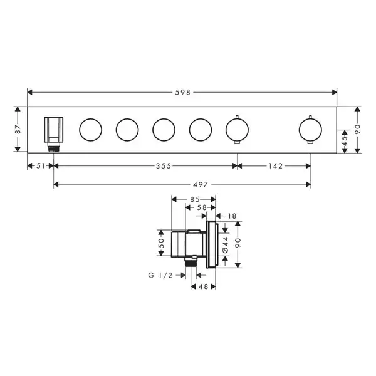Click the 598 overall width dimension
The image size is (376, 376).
pyautogui.click(x=183, y=92)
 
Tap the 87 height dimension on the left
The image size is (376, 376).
pyautogui.click(x=18, y=129)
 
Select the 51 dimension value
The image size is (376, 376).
pyautogui.click(x=41, y=165)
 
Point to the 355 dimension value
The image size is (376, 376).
pyautogui.click(x=164, y=166)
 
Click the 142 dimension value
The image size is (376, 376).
pyautogui.click(x=275, y=166)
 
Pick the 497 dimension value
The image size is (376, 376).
pyautogui.click(x=201, y=184)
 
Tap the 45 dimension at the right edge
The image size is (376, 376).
pyautogui.click(x=345, y=141)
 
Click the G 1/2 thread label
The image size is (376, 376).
pyautogui.click(x=160, y=275)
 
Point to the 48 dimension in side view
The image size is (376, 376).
pyautogui.click(x=203, y=286)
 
